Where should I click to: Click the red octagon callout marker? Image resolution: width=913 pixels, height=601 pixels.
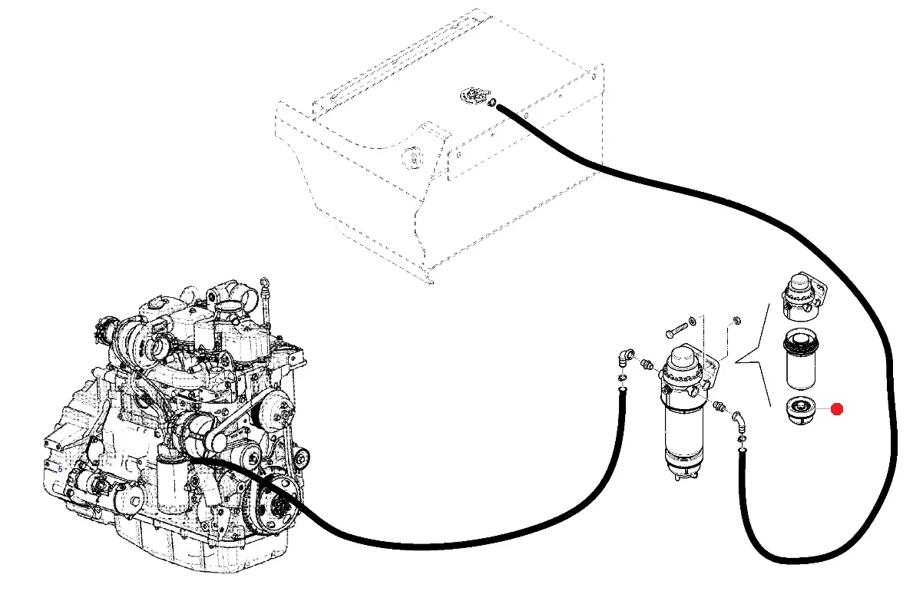tap(837, 409)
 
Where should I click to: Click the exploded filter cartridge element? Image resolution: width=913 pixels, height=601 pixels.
tap(801, 359)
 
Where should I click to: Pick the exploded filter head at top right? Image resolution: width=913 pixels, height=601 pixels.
tap(803, 296)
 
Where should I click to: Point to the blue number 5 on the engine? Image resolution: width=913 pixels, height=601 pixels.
tap(60, 469)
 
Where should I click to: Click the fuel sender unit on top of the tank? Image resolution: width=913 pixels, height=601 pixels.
tap(475, 95)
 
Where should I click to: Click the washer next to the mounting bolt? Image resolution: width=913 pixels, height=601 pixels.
tap(692, 321)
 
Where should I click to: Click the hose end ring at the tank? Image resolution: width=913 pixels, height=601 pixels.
tap(492, 104)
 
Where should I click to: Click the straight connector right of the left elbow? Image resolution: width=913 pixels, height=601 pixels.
tap(647, 365)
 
